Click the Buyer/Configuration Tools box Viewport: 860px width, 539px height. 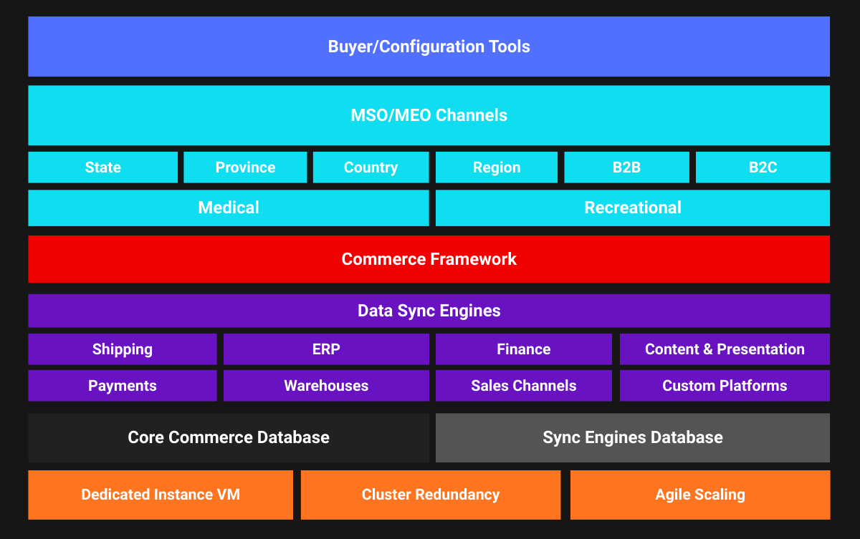(429, 47)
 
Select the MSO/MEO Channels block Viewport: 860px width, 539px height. (429, 115)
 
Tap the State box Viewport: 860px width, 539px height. (102, 167)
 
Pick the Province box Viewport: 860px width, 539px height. (245, 167)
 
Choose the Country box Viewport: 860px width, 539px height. (371, 167)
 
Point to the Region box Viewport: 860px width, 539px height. (496, 167)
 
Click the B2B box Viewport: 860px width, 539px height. (626, 167)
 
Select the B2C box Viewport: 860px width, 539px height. (763, 167)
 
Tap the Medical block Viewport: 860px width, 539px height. (229, 208)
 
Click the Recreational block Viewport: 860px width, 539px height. (633, 208)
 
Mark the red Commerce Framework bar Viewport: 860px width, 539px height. (429, 259)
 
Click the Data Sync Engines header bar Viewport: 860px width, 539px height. (429, 311)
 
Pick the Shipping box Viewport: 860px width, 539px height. (123, 349)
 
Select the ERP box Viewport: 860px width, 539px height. (326, 349)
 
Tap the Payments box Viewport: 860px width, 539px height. (123, 386)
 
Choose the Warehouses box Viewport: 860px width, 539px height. (326, 386)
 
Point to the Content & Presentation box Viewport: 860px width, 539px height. (725, 349)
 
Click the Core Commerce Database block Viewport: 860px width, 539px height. (229, 437)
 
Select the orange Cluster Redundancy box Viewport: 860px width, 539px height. (431, 495)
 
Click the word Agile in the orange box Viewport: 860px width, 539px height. (672, 495)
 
